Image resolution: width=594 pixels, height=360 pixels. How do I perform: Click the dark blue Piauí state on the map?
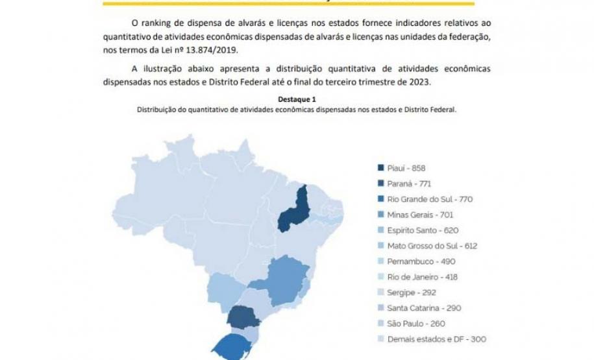coord(293,211)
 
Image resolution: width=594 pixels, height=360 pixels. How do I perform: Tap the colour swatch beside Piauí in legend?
coord(382,167)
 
